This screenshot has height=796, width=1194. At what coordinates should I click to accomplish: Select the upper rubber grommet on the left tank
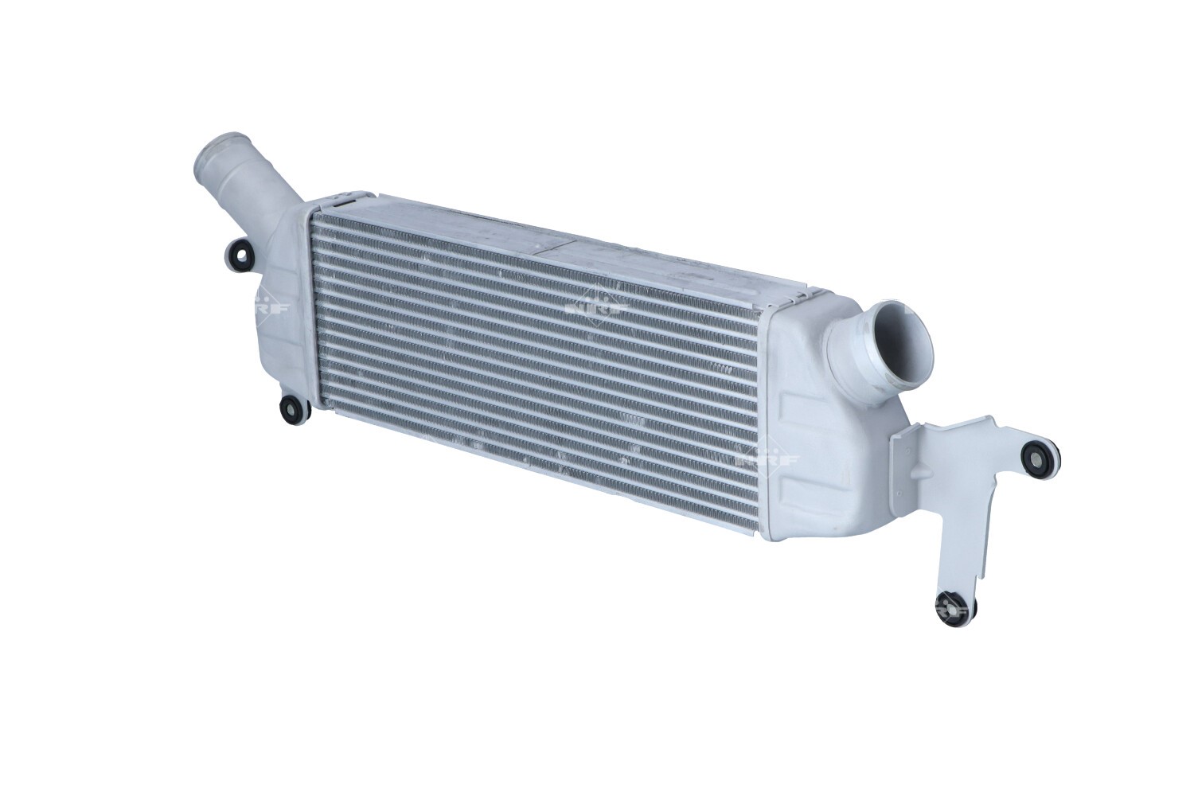pos(240,255)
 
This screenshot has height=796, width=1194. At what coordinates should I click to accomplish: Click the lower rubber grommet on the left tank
pos(291,408)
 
